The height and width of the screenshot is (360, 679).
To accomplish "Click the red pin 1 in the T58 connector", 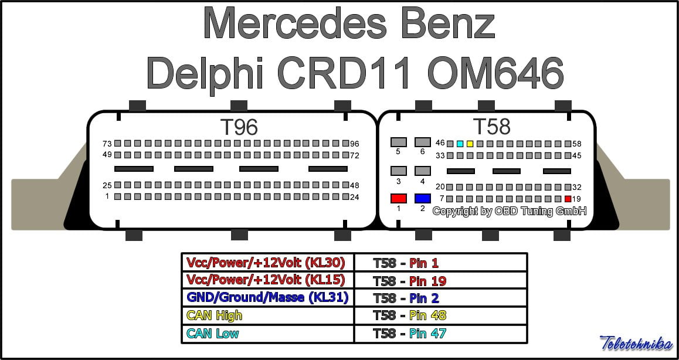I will point(399,198).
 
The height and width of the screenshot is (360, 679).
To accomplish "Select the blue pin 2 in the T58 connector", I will point(422,198).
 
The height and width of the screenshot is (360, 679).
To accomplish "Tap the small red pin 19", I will point(568,199).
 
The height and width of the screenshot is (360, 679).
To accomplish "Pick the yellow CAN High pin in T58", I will point(470,144).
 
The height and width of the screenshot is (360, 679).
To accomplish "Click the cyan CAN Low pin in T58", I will point(460,144).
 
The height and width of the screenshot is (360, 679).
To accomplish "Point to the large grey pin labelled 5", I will point(399,142).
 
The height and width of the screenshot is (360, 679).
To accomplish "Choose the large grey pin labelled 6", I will point(422,142).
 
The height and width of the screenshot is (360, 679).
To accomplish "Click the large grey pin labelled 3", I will point(399,171).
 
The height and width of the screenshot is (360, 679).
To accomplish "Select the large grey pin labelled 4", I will point(422,171).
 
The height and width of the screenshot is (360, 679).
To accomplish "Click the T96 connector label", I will point(238,127).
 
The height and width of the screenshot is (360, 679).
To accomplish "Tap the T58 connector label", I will point(491,126).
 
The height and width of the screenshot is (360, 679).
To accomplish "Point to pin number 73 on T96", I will point(118,144).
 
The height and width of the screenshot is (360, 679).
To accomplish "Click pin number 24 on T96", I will point(344,196).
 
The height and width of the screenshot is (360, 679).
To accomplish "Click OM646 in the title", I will point(495,73).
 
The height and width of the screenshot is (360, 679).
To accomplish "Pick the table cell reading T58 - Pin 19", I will point(440,280).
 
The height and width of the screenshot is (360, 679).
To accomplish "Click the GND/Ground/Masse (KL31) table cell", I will point(267,297).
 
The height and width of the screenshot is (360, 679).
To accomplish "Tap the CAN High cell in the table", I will point(267,315).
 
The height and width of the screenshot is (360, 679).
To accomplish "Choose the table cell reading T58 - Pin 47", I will point(440,334).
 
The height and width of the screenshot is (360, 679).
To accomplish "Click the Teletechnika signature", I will point(636,343).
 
